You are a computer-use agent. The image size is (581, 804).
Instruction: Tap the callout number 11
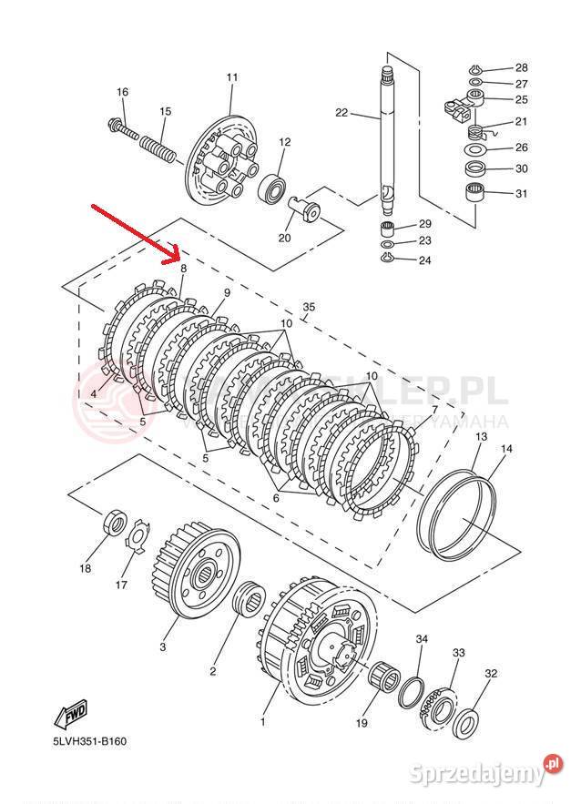click(x=231, y=77)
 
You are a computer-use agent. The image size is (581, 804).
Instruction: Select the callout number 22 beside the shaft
click(x=341, y=113)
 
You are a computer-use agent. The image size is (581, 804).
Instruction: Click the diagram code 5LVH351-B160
click(x=89, y=740)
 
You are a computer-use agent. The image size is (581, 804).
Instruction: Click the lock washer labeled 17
click(x=138, y=536)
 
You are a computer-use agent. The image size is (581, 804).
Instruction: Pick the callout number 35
click(x=309, y=308)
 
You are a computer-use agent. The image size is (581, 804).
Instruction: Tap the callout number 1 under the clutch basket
click(x=263, y=722)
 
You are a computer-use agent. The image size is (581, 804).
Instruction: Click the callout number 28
click(x=521, y=67)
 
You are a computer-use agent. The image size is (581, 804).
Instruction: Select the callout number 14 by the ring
click(x=506, y=449)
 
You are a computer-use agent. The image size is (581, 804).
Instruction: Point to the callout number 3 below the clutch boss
click(x=163, y=647)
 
